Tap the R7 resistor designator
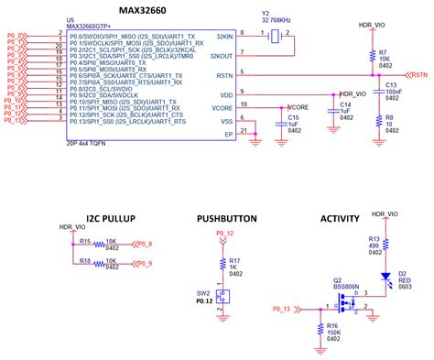(x=382, y=53)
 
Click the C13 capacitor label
(x=391, y=84)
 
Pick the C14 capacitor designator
(x=344, y=104)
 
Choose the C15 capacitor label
(x=293, y=117)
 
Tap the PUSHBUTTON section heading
(x=225, y=219)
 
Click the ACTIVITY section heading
(x=341, y=219)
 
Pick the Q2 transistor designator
(x=336, y=280)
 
